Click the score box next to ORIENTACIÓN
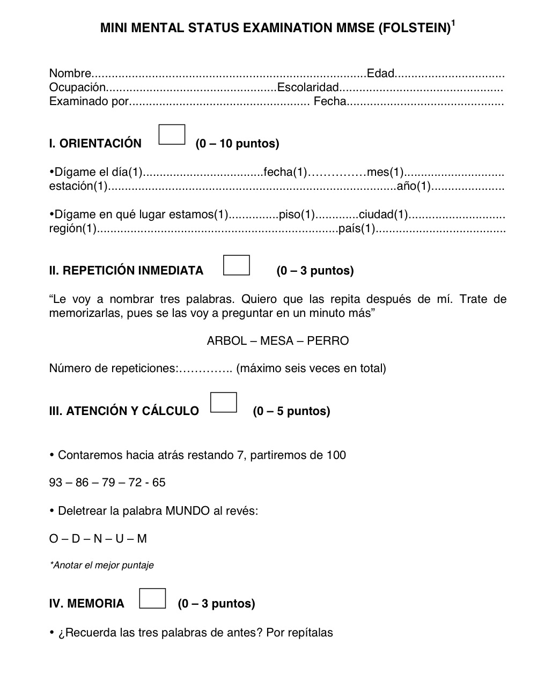pos(172,135)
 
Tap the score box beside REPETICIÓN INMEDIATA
pos(237,265)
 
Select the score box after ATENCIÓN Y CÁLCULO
pos(224,403)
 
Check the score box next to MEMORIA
pos(152,598)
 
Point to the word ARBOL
pos(227,341)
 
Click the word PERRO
pos(328,341)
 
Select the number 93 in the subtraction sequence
pos(56,483)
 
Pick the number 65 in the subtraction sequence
pos(159,483)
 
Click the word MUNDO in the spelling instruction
pos(187,511)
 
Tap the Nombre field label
pos(70,73)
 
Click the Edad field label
pos(380,73)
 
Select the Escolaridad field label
pos(308,87)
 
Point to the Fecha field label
pos(330,101)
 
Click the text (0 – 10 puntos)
pos(237,144)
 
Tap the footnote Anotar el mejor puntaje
pos(101,565)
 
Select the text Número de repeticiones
pos(113,368)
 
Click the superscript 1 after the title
pos(453,23)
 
